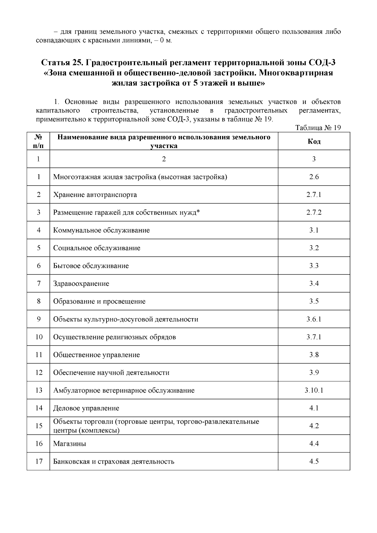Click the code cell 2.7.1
(x=314, y=195)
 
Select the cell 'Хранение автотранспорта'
(x=95, y=195)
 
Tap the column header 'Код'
(x=314, y=141)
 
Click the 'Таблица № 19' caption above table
(x=318, y=128)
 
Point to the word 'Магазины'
(x=69, y=444)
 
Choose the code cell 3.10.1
(x=314, y=390)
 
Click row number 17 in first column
(x=39, y=461)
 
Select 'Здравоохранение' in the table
(x=81, y=284)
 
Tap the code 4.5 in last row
(x=314, y=461)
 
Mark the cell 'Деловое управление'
(x=86, y=408)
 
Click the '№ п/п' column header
(x=38, y=141)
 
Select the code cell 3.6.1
(x=314, y=319)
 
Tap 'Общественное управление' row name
(x=96, y=355)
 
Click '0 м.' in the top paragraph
(x=166, y=41)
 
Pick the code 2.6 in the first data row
(x=314, y=177)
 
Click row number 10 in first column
(x=39, y=337)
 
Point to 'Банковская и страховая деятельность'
(x=113, y=462)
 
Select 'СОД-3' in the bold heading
(x=322, y=63)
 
